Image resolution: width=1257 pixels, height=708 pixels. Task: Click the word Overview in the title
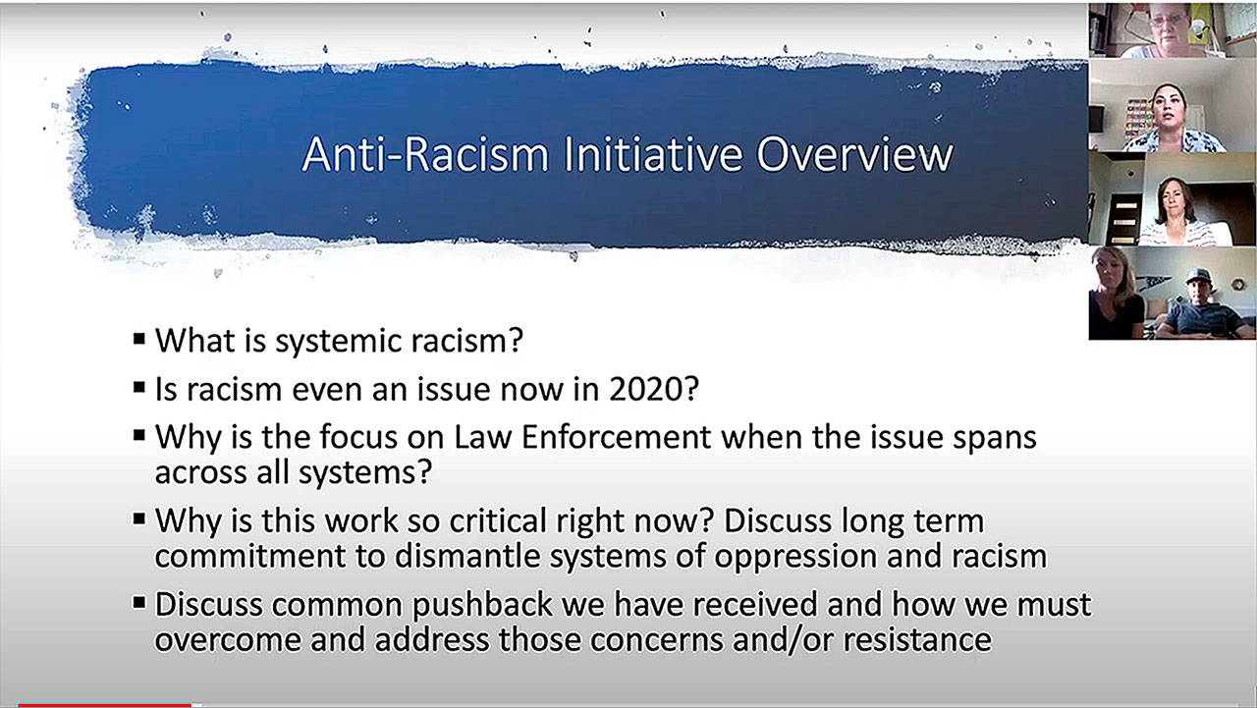click(x=854, y=155)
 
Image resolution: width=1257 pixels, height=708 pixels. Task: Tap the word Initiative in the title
click(x=653, y=154)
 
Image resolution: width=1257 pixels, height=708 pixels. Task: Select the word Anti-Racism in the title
click(x=425, y=154)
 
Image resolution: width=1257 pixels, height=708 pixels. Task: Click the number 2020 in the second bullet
click(x=654, y=389)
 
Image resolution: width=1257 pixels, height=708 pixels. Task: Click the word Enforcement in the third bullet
click(x=616, y=437)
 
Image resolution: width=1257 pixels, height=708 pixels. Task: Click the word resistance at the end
click(x=917, y=640)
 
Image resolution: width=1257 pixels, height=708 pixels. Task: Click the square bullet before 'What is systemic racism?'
click(x=139, y=339)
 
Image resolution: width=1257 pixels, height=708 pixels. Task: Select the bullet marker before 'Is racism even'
click(x=139, y=387)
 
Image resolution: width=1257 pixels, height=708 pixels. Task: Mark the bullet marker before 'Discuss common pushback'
click(x=139, y=603)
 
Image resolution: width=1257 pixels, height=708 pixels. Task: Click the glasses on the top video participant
click(x=1169, y=20)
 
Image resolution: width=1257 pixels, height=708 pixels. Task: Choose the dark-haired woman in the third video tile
click(x=1176, y=212)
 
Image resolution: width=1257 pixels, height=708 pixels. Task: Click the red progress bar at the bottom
click(x=104, y=705)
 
